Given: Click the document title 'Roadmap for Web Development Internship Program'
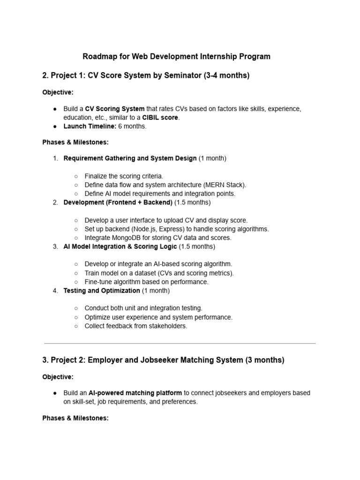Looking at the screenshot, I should [x=176, y=57].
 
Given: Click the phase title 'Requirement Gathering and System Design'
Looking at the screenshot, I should [x=130, y=158].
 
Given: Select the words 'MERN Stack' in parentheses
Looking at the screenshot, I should [x=227, y=185].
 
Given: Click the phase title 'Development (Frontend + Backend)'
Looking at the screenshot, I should [x=118, y=202].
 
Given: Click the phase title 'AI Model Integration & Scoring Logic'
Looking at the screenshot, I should [x=120, y=247].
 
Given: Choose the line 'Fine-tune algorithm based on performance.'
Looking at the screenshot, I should [x=146, y=282].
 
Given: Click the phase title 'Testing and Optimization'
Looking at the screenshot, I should [x=101, y=291].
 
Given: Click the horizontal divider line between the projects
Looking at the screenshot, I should [x=180, y=343].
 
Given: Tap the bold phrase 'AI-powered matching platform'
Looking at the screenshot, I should [x=135, y=393].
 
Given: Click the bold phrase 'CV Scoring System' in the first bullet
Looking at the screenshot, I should [x=114, y=109].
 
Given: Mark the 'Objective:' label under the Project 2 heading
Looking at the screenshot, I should [x=58, y=377].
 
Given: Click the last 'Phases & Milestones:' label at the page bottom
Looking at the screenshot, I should [x=75, y=418].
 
